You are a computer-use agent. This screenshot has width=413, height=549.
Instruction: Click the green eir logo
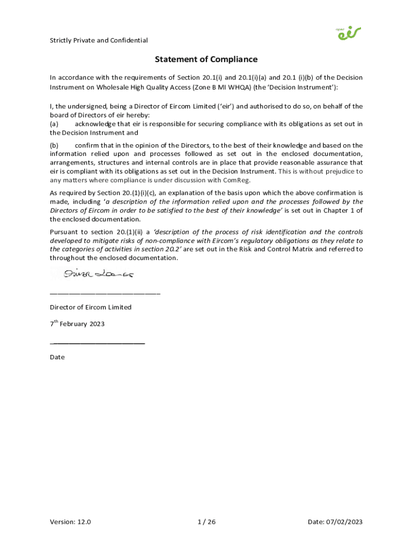(x=349, y=33)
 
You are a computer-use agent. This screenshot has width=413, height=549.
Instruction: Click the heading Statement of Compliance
(x=206, y=60)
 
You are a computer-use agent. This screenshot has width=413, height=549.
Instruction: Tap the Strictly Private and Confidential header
(x=99, y=41)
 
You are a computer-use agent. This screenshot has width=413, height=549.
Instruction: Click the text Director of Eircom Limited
(x=91, y=307)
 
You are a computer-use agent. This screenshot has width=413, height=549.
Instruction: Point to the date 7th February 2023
(x=77, y=324)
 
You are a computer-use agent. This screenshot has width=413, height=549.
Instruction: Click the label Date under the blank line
(x=57, y=357)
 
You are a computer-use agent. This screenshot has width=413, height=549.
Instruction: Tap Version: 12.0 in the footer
(x=71, y=522)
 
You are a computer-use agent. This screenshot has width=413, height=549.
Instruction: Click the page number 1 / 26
(x=206, y=522)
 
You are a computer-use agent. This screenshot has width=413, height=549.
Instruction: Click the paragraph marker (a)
(x=54, y=124)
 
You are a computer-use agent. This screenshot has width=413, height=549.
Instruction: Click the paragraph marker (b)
(x=54, y=145)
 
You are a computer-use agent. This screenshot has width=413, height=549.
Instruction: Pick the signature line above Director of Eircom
(x=105, y=293)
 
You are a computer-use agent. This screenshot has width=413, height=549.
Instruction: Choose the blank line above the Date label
(x=98, y=343)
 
